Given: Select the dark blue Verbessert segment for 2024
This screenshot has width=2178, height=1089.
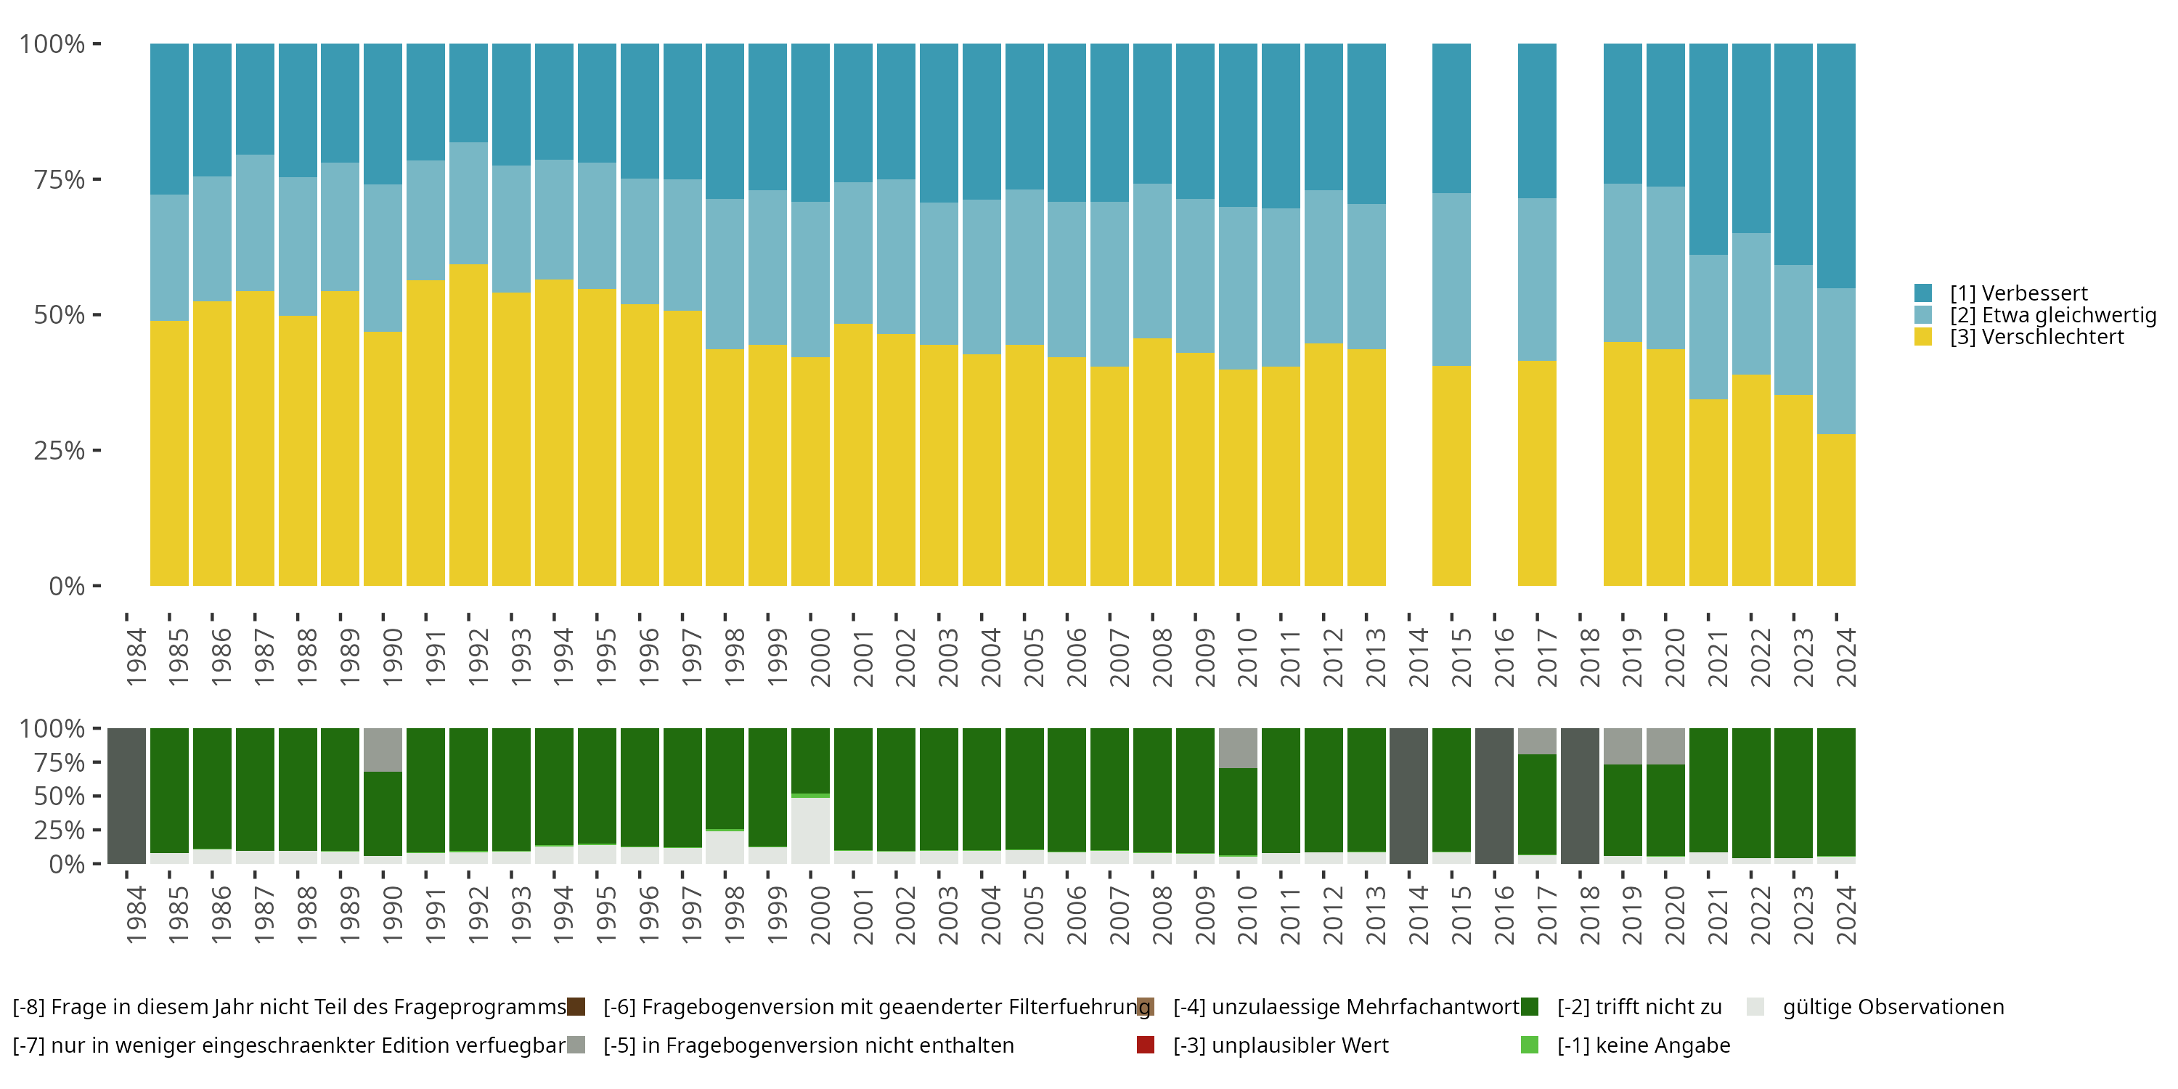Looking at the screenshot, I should pyautogui.click(x=1835, y=166).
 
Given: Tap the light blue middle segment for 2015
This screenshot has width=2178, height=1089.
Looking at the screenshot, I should pyautogui.click(x=1451, y=279).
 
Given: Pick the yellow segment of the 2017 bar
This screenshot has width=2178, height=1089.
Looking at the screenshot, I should pyautogui.click(x=1536, y=473).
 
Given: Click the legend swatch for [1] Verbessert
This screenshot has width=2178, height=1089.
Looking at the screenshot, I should pyautogui.click(x=1922, y=293).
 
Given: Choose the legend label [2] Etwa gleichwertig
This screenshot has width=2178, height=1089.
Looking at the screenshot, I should pyautogui.click(x=2053, y=315).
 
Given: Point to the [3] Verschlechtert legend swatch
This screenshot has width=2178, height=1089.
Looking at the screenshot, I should pyautogui.click(x=1922, y=338).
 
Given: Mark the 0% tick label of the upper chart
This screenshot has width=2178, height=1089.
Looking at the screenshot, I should pyautogui.click(x=66, y=586).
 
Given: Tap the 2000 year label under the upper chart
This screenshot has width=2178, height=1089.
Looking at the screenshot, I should pyautogui.click(x=819, y=657).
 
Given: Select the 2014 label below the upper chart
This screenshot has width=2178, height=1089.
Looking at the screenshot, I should pyautogui.click(x=1418, y=657).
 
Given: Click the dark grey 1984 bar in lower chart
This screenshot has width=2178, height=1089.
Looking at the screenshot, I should pyautogui.click(x=127, y=796).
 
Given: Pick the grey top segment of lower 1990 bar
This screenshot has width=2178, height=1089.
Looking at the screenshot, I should pyautogui.click(x=383, y=749).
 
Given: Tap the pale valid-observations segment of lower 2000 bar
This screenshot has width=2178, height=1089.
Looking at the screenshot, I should pyautogui.click(x=810, y=831).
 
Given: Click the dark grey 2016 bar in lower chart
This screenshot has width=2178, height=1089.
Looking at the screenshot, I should pyautogui.click(x=1494, y=796).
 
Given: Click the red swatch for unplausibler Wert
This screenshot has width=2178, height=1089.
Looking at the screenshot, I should pyautogui.click(x=1146, y=1045).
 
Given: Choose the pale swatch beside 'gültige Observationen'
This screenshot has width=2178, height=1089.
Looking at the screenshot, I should pyautogui.click(x=1755, y=1007).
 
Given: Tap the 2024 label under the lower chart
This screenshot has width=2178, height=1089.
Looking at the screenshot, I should pyautogui.click(x=1845, y=915).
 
